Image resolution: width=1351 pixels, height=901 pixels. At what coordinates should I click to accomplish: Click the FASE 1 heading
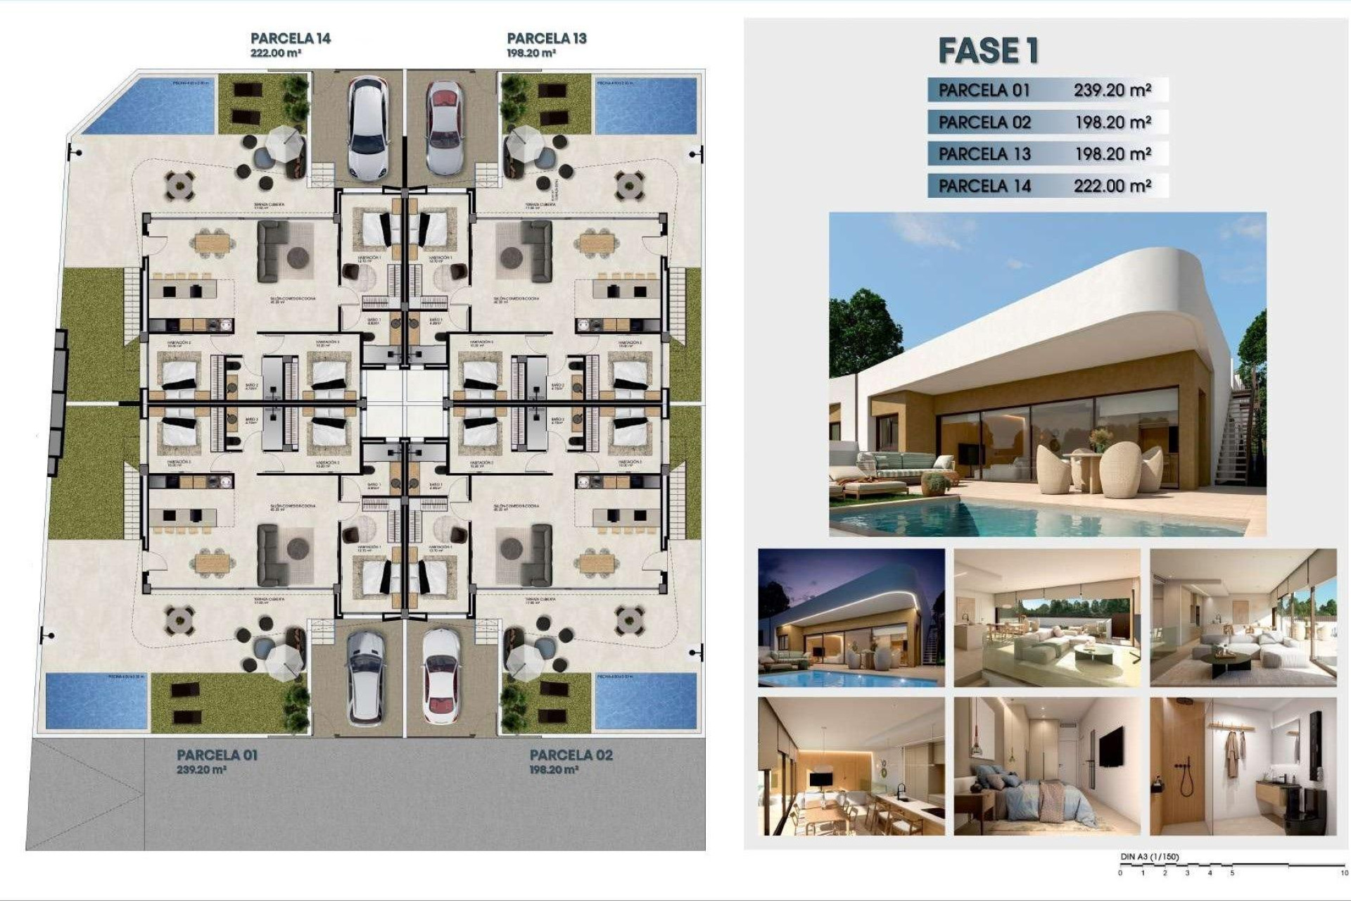988,51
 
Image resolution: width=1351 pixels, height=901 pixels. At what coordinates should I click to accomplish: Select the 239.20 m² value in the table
1112,90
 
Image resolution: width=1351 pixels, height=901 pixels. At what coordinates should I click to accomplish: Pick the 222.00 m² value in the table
1112,186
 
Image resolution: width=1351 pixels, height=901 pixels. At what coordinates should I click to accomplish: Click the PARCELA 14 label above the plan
290,39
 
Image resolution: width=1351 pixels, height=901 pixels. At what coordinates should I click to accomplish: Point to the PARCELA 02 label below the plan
571,755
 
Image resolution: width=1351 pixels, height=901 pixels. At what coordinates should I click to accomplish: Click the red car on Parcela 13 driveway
444,127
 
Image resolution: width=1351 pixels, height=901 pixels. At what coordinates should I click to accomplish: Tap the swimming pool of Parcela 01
96,701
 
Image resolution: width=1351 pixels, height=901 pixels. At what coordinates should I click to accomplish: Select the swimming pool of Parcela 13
646,106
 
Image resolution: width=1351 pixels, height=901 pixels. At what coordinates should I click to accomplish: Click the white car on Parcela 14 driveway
367,127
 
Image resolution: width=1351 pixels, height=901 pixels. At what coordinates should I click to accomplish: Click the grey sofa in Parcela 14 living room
271,251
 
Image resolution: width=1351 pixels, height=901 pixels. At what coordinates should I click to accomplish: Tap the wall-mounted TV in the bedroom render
1111,746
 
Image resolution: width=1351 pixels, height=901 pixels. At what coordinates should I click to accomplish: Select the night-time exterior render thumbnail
851,617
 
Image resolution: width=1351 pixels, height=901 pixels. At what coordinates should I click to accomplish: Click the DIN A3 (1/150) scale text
1149,857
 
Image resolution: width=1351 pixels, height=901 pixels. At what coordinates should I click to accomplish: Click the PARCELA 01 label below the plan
217,755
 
